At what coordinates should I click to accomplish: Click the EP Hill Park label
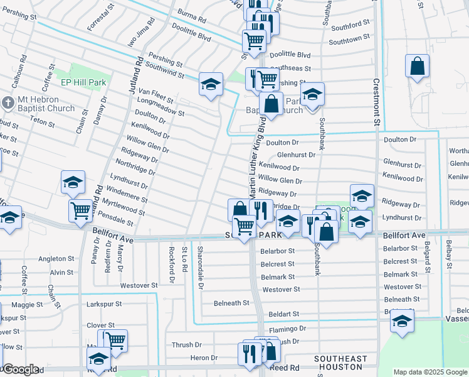[83, 82]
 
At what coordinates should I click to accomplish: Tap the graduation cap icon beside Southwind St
[211, 84]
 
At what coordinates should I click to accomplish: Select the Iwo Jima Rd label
[139, 38]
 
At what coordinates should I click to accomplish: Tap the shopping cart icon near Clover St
[115, 341]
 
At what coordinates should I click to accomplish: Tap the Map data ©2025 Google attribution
[430, 372]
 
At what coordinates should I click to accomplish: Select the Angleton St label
[56, 259]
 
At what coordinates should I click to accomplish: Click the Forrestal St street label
[101, 17]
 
